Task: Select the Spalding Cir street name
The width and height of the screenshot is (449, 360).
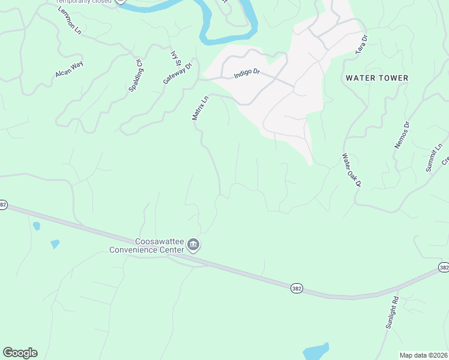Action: [x=135, y=75]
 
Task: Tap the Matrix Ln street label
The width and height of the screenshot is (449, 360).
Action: [x=200, y=108]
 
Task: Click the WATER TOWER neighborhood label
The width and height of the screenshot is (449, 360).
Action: [x=377, y=78]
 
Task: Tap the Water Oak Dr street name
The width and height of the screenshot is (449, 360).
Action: [x=351, y=170]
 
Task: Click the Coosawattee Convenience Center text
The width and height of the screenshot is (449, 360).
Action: [x=146, y=245]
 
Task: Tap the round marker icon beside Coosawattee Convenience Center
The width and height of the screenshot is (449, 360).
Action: [x=194, y=245]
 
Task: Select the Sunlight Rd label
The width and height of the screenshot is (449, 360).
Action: [x=392, y=312]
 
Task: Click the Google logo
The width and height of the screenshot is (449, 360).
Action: [x=20, y=353]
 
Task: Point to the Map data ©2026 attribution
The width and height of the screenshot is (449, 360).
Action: [x=424, y=355]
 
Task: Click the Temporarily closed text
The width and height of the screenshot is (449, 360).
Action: [x=85, y=2]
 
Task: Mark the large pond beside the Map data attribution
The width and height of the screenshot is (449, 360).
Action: [x=316, y=351]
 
